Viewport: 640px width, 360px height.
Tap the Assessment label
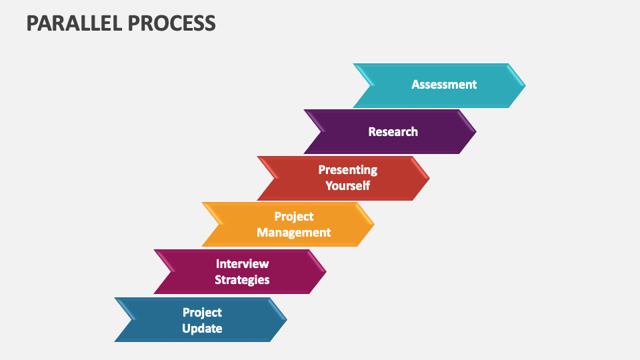click(x=444, y=85)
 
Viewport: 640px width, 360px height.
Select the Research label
click(x=393, y=132)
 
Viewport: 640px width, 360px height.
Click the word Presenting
click(x=347, y=170)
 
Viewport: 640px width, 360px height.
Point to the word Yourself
click(x=347, y=185)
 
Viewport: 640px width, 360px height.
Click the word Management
click(x=293, y=233)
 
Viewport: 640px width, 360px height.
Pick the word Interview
click(x=242, y=264)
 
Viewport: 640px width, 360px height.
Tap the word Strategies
click(x=242, y=280)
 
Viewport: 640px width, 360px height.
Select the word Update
click(x=202, y=328)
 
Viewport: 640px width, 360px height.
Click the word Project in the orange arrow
click(x=293, y=217)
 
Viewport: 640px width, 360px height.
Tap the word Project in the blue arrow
click(x=202, y=312)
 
